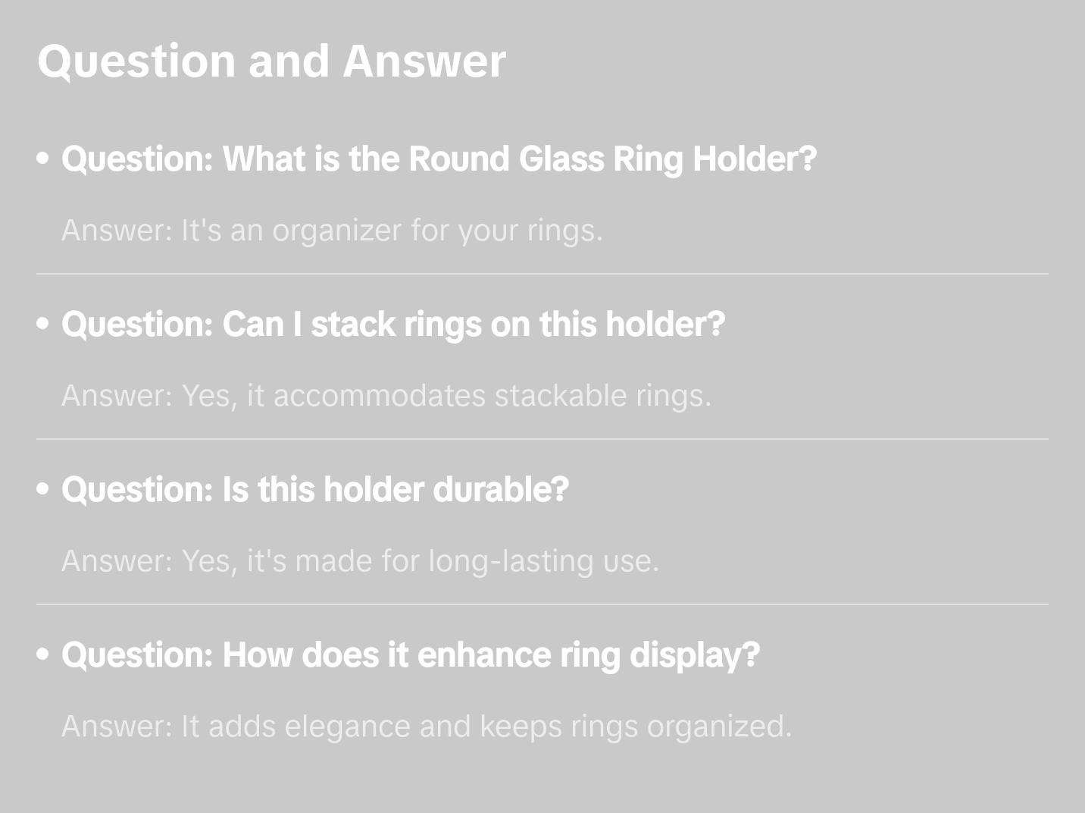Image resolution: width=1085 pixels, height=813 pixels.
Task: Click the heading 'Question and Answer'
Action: click(x=271, y=61)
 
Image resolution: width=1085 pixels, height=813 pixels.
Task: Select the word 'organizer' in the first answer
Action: click(x=336, y=231)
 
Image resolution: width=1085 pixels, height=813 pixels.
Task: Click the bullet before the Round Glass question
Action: click(x=43, y=159)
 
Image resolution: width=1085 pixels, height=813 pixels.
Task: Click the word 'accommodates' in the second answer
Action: click(x=380, y=396)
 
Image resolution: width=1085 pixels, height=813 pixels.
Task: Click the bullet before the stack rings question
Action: click(x=43, y=324)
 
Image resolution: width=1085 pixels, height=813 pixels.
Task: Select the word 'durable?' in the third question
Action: click(x=501, y=490)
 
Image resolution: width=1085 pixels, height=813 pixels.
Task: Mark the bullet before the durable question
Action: click(x=43, y=489)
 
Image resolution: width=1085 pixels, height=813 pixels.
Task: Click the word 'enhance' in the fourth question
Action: click(x=484, y=655)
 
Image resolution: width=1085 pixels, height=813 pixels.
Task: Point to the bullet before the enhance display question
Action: click(x=43, y=654)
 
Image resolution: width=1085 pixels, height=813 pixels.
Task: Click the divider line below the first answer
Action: click(x=542, y=274)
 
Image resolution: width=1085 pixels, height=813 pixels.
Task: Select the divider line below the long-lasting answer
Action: click(x=542, y=604)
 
